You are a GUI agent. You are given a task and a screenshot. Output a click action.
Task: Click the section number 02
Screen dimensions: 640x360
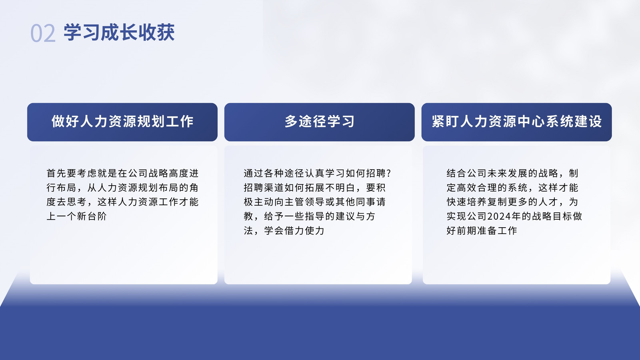click(43, 33)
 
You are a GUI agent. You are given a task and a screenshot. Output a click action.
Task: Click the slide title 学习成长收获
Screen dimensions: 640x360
click(119, 32)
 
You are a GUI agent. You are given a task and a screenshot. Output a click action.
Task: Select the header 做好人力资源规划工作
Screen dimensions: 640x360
click(122, 122)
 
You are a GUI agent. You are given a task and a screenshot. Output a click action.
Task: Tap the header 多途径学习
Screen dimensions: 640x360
click(320, 122)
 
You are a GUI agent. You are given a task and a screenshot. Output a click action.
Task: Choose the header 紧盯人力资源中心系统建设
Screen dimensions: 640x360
click(516, 122)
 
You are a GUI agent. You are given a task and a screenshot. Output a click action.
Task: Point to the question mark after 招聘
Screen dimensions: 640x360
click(388, 173)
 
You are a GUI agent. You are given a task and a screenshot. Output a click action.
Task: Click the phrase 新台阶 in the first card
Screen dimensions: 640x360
click(92, 216)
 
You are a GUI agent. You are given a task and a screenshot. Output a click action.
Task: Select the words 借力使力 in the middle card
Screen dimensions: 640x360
click(304, 230)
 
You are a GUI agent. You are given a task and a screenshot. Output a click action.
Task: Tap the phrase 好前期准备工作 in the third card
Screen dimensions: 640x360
click(482, 230)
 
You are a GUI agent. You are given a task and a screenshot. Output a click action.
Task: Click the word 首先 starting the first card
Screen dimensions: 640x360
click(56, 173)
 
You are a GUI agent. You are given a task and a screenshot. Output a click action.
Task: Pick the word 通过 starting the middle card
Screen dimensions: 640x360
click(254, 173)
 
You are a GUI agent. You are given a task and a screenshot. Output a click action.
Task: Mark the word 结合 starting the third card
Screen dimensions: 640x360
click(456, 173)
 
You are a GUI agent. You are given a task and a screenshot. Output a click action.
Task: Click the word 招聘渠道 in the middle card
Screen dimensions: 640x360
click(264, 188)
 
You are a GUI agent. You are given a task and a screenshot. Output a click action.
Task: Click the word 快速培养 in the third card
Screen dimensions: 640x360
click(466, 202)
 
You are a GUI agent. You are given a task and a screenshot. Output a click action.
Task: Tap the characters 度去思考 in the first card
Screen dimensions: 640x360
click(66, 202)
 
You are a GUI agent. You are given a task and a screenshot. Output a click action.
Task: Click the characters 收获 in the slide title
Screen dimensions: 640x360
click(156, 32)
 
